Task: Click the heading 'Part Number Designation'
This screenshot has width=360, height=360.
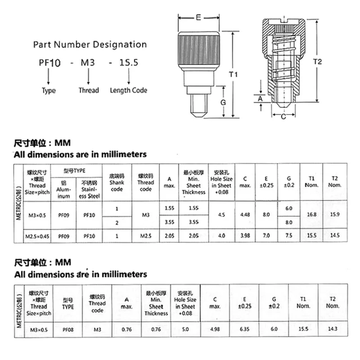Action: point(90,45)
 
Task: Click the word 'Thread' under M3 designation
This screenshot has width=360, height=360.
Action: point(89,90)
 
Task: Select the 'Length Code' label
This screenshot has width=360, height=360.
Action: point(128,90)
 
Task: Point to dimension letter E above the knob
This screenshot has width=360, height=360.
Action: point(198,18)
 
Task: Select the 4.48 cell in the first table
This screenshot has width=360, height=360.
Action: point(245,215)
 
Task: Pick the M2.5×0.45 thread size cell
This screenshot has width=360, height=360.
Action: point(37,235)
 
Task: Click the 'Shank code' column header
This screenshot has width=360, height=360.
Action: point(117,182)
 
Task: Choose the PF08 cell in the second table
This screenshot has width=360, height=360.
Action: point(67,329)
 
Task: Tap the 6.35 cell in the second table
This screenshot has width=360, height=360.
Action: point(244,329)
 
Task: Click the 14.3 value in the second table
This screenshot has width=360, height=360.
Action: point(333,329)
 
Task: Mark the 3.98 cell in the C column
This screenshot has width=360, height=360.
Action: point(245,235)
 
